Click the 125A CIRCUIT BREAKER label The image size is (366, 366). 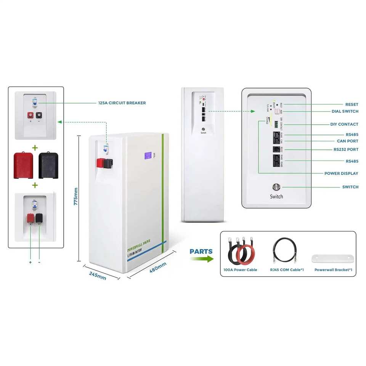122,103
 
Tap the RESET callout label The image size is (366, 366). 352,104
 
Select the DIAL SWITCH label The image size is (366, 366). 345,111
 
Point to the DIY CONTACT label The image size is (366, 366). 344,124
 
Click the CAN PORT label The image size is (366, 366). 347,141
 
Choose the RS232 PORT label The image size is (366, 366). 346,149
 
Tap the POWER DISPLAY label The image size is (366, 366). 341,173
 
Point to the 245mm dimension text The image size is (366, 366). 98,276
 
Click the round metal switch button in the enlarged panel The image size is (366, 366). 276,187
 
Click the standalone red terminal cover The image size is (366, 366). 24,165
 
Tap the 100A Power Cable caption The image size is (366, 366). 240,270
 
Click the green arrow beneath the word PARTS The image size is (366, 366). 202,259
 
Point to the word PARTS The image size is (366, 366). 201,252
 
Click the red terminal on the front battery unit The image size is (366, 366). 101,163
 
